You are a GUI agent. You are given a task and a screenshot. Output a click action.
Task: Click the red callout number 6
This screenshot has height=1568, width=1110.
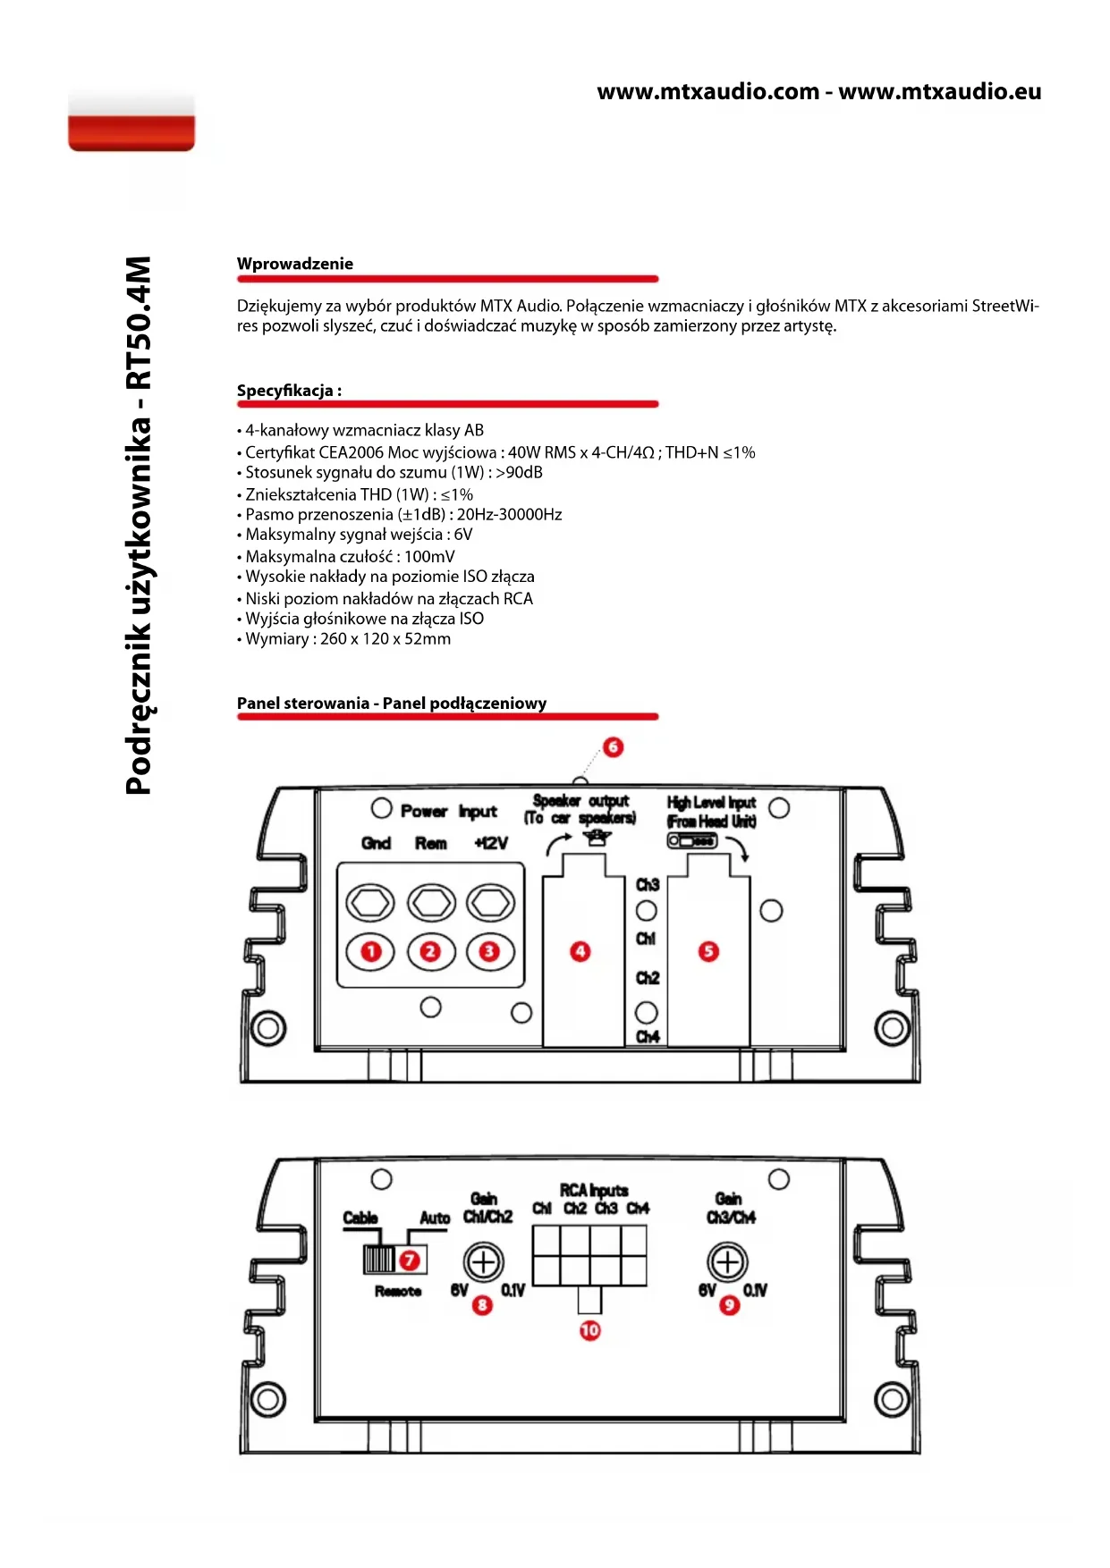click(613, 746)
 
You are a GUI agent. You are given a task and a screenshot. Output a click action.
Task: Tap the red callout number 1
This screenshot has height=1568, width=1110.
click(370, 951)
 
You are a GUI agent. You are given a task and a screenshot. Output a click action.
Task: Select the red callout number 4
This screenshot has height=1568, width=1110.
click(580, 951)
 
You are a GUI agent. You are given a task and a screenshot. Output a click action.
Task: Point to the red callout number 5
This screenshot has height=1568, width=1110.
click(708, 951)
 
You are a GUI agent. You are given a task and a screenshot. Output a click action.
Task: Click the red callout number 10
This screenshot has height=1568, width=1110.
click(589, 1330)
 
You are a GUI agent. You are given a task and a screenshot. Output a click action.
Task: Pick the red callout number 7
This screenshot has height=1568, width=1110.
click(410, 1260)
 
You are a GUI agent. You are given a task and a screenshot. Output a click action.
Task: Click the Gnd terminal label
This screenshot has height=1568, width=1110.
click(376, 843)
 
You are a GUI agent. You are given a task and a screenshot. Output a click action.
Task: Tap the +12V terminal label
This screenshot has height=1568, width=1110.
click(491, 843)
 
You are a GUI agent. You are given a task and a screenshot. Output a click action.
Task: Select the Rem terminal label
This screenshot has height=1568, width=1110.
click(431, 843)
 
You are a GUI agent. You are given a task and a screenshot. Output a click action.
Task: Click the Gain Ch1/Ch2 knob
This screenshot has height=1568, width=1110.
click(484, 1262)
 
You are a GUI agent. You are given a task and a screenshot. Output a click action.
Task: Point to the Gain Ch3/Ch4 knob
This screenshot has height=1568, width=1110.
click(727, 1262)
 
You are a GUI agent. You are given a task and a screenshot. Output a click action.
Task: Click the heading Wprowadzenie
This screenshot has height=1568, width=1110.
click(295, 264)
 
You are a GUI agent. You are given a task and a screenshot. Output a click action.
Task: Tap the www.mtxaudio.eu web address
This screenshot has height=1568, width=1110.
click(940, 91)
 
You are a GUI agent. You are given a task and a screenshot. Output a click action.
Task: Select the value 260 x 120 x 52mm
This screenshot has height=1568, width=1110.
click(386, 639)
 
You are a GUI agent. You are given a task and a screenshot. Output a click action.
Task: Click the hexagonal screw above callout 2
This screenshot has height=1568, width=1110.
click(431, 903)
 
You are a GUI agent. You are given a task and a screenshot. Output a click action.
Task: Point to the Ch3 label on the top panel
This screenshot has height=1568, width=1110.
click(648, 885)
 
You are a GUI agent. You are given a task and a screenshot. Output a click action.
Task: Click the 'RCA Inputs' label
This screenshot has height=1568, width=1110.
click(594, 1190)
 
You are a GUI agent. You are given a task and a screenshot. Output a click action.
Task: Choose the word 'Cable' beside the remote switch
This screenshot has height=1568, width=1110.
click(360, 1218)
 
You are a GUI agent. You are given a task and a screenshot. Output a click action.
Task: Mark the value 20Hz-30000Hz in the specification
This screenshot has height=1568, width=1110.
click(509, 514)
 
